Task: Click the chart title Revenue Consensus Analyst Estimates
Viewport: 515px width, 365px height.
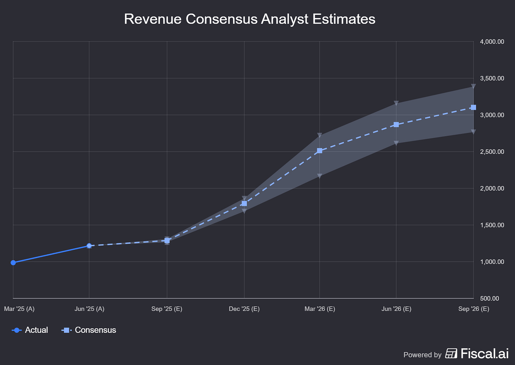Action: pos(249,19)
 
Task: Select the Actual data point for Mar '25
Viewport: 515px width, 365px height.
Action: pos(13,262)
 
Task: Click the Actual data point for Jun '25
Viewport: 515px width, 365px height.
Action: pos(89,246)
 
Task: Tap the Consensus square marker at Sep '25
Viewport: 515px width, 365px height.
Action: pos(167,241)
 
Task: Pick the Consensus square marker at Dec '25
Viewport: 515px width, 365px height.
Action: pos(244,203)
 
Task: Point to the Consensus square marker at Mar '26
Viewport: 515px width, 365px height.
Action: pos(319,151)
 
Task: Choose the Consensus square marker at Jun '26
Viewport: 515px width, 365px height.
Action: pos(396,124)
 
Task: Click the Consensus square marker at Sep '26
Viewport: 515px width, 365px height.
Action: pos(473,108)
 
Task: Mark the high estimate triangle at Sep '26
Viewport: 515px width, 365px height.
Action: pos(473,86)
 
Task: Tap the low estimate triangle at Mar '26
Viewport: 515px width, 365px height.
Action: pos(319,176)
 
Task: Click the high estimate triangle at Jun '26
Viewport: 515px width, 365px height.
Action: pos(396,103)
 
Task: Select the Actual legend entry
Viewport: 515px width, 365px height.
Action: pos(30,330)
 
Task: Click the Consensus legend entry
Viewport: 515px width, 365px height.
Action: pos(89,330)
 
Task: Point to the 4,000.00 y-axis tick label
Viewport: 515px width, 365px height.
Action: pos(492,42)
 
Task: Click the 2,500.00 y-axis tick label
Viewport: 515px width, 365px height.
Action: pos(492,152)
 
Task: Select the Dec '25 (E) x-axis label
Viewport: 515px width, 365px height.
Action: pos(244,309)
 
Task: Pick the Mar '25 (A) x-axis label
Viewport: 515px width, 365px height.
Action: pos(19,309)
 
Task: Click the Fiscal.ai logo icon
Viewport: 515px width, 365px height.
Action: pos(451,353)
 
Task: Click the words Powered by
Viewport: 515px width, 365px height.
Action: pos(422,355)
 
